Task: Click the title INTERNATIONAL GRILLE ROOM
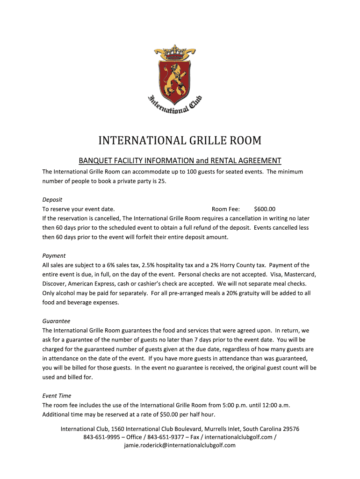click(x=180, y=141)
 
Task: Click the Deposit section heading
click(x=52, y=199)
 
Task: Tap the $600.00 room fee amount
click(x=265, y=209)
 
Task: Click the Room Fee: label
click(x=226, y=209)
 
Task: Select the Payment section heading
click(x=54, y=255)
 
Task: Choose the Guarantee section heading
click(x=56, y=321)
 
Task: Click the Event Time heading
click(x=57, y=396)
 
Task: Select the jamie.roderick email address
click(x=180, y=445)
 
